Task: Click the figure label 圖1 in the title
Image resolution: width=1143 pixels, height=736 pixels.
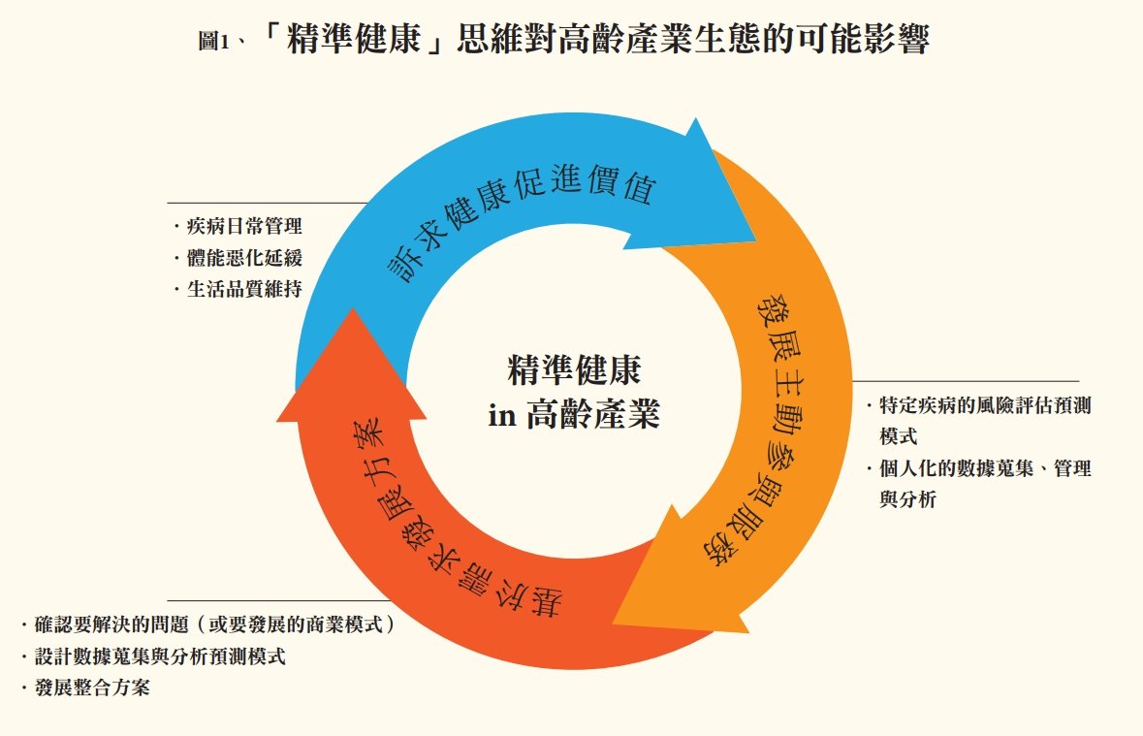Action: tap(213, 41)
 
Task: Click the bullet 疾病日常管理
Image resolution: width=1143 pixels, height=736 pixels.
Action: tap(244, 226)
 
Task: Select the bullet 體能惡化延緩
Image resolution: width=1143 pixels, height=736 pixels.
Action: tap(244, 258)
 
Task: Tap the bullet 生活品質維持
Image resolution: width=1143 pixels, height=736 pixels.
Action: tap(244, 289)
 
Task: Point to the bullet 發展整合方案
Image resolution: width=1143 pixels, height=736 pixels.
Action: tap(92, 688)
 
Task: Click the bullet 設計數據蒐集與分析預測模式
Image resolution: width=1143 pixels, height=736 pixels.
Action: tap(160, 656)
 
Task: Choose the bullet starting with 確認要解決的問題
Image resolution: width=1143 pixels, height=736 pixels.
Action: tap(214, 624)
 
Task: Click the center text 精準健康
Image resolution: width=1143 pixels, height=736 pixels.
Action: tap(575, 369)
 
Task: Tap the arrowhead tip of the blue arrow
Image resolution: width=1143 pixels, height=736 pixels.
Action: tap(755, 240)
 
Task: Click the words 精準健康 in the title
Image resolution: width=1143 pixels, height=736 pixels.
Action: tap(355, 39)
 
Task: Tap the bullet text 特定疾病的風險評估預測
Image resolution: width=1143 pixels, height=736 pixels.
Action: tap(985, 405)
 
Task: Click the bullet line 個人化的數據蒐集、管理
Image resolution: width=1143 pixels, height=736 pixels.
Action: tap(985, 468)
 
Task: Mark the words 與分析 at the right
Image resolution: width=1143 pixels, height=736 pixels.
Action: tap(907, 499)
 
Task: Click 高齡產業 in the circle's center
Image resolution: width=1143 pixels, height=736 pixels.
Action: tap(592, 414)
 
